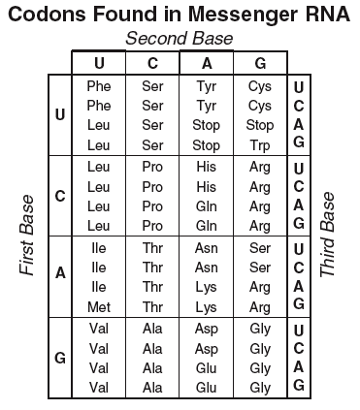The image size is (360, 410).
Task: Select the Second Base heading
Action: click(x=179, y=38)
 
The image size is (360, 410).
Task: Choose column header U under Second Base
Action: click(x=98, y=63)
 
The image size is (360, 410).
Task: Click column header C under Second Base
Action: click(x=152, y=63)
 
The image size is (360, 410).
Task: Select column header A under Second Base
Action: click(x=207, y=63)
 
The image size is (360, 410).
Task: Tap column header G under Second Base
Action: click(x=260, y=63)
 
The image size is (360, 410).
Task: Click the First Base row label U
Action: click(x=60, y=114)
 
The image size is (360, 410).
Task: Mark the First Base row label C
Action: click(x=60, y=195)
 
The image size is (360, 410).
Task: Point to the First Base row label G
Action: click(x=60, y=357)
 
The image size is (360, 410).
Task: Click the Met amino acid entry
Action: click(x=98, y=306)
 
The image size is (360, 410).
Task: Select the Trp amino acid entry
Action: click(x=260, y=144)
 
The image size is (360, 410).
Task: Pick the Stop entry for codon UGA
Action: click(x=260, y=125)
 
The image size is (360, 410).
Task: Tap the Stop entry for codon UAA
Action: click(x=207, y=125)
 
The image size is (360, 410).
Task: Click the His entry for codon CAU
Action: click(x=207, y=167)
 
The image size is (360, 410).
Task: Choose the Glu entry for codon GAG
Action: click(x=207, y=387)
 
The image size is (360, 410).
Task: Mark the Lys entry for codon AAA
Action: click(x=207, y=287)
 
